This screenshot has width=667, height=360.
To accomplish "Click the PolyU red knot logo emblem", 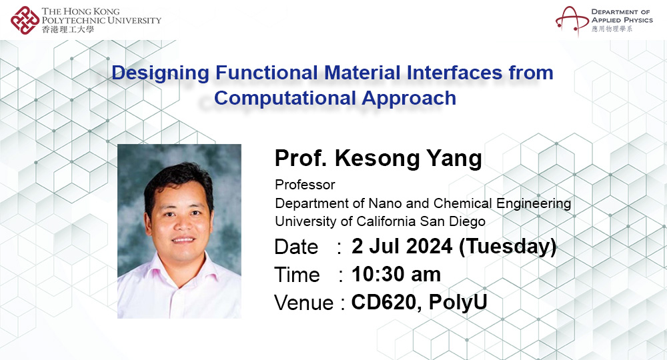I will click(25, 20).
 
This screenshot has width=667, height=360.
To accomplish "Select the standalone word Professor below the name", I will click(305, 185).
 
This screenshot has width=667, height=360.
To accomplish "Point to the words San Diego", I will click(457, 221).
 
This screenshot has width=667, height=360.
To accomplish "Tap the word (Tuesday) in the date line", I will click(508, 247).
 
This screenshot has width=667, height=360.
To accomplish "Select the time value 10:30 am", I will click(396, 274).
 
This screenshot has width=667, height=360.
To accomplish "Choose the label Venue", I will click(303, 303).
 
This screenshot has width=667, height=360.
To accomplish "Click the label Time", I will click(297, 275).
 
